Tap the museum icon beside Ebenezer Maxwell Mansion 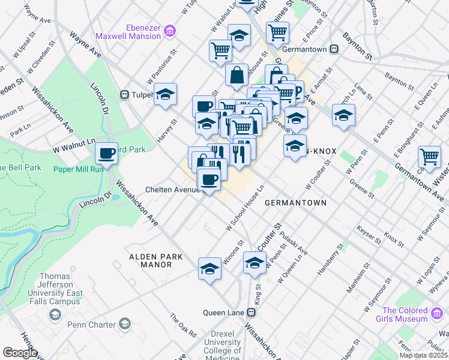(x=170, y=30)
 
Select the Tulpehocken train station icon (x=125, y=94)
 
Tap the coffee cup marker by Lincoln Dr (x=107, y=154)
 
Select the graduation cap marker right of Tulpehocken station (x=165, y=94)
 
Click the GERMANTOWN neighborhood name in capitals (x=295, y=203)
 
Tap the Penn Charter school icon (x=124, y=325)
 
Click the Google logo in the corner (x=19, y=353)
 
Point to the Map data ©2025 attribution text (x=423, y=355)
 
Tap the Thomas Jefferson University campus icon (x=55, y=314)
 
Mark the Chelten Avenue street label (x=172, y=190)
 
